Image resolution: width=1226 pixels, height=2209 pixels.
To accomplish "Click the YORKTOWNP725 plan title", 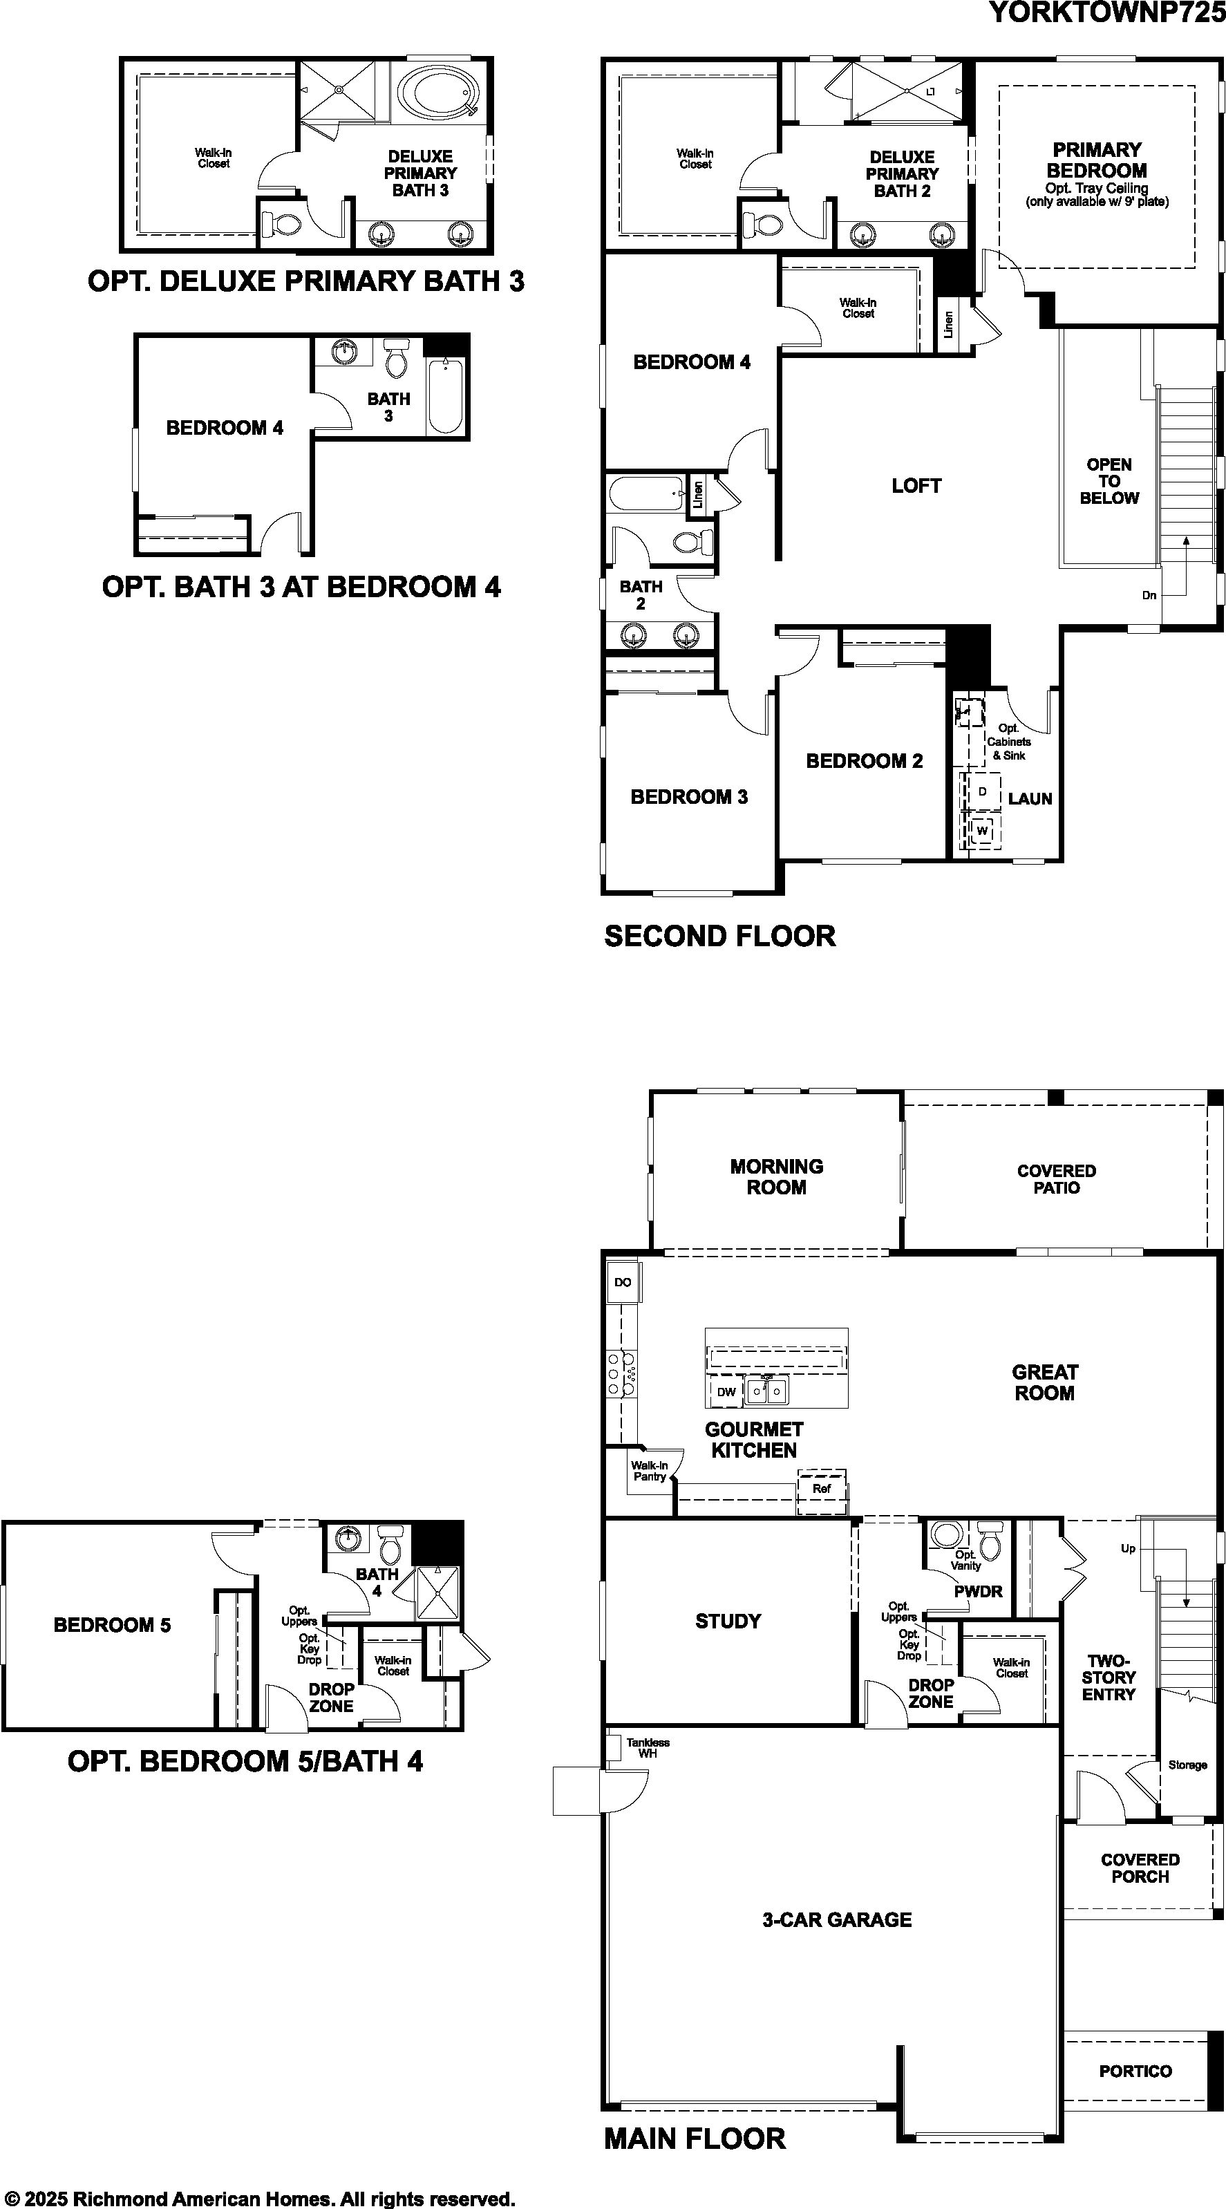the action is [1107, 12].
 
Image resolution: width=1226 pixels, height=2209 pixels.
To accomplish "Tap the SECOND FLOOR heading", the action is [719, 936].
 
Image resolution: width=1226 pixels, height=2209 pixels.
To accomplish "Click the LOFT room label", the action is [916, 486].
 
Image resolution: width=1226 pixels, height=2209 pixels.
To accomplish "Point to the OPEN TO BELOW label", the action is [1109, 481].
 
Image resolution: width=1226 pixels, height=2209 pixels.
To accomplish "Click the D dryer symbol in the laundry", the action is [983, 791].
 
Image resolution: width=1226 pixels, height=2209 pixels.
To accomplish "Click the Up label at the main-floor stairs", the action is [1129, 1548].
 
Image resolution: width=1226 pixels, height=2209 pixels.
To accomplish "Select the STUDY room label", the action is [728, 1621].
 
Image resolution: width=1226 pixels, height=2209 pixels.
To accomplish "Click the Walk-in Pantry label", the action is [649, 1471].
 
